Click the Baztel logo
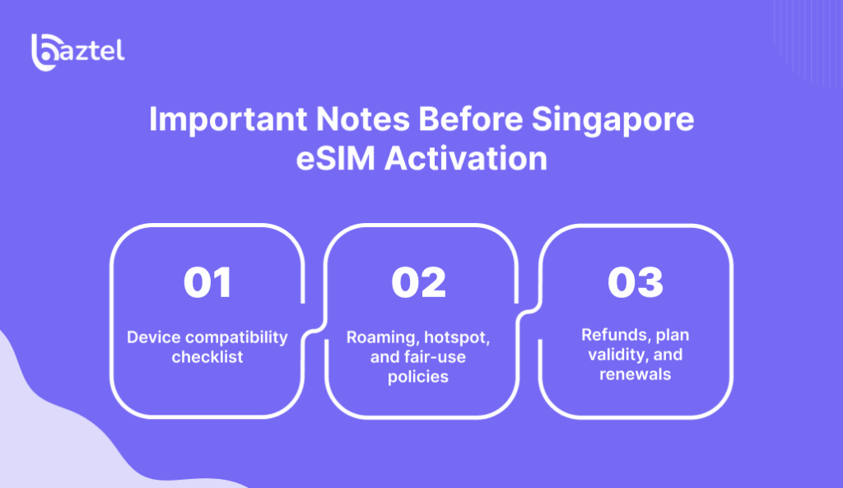(78, 52)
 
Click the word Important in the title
(228, 119)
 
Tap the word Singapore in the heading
(612, 119)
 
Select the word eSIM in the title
(336, 159)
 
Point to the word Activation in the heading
(466, 159)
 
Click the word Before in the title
(470, 119)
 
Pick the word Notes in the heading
(363, 119)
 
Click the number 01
(207, 282)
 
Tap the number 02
(419, 282)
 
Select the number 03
(636, 282)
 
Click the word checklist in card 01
(207, 357)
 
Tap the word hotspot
(457, 337)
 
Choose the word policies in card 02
(418, 377)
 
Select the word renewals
(636, 374)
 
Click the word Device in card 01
(154, 337)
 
